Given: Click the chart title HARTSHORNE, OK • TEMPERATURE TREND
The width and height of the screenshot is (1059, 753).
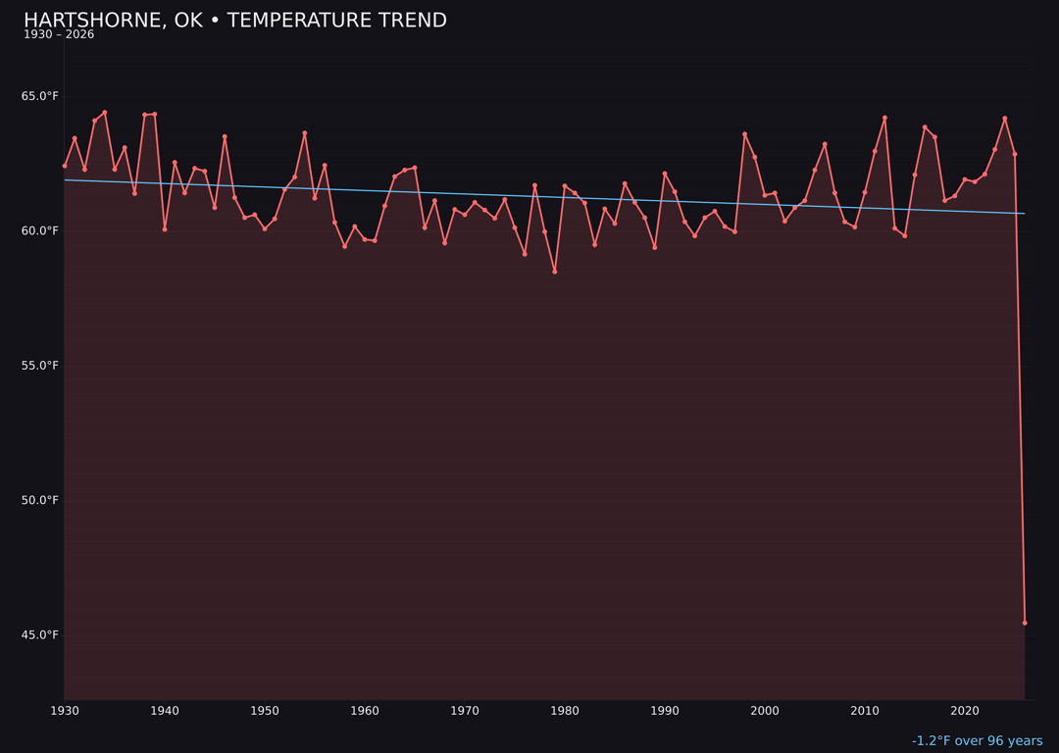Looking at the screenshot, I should (x=235, y=21).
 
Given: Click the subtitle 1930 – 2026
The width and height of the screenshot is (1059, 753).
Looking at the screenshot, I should (x=59, y=35).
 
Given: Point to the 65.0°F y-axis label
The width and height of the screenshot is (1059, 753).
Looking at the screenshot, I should (x=41, y=96).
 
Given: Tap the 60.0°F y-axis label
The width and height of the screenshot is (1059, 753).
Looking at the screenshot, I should (x=41, y=231).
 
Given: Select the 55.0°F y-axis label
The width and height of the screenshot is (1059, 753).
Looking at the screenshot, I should (x=41, y=366).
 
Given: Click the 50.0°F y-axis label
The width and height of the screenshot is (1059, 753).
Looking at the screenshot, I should (x=41, y=501).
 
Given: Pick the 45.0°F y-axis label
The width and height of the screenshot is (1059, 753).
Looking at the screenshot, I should (x=41, y=635).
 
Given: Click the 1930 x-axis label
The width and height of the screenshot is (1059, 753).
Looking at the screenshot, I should (x=65, y=711).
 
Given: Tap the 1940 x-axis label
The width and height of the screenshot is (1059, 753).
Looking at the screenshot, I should (x=165, y=711).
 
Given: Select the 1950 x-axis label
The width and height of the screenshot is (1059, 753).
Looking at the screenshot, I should (x=265, y=711).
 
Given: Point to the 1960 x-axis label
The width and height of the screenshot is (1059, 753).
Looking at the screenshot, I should (x=365, y=711).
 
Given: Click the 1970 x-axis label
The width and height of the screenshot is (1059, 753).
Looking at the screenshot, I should (x=465, y=711).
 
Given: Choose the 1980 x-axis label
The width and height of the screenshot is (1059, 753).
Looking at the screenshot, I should (x=565, y=711).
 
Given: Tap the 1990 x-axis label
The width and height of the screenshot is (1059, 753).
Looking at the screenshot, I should (x=665, y=711).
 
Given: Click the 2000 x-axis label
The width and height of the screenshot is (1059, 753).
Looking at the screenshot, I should (x=765, y=711).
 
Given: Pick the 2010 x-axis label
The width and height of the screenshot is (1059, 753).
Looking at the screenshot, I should (x=865, y=711).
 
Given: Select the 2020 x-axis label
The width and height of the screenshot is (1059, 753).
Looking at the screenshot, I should (x=965, y=711).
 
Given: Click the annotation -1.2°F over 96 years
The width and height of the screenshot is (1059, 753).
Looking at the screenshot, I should (x=977, y=741).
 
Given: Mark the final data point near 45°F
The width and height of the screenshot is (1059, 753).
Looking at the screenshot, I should (x=1025, y=623).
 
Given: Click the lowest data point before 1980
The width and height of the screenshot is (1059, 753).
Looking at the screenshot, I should (x=555, y=272).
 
